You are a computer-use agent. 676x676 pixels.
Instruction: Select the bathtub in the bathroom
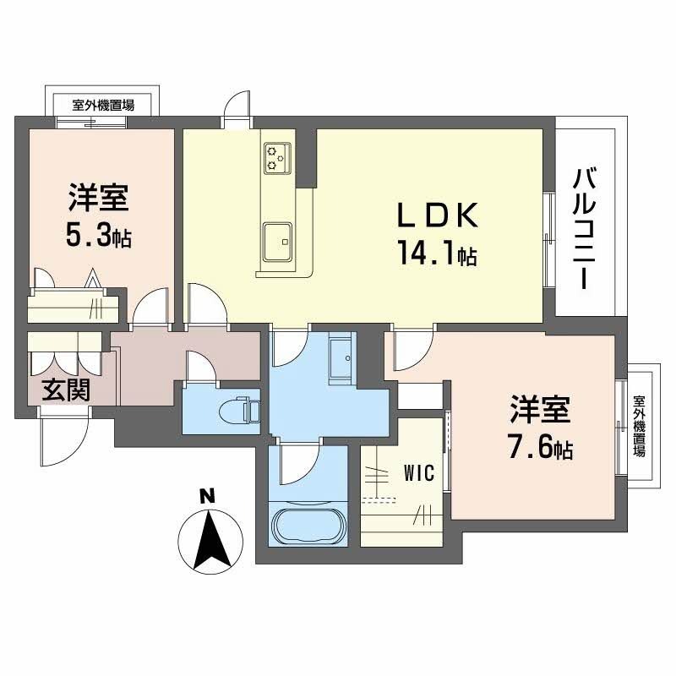click(x=308, y=524)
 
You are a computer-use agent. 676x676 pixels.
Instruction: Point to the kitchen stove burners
click(x=275, y=157)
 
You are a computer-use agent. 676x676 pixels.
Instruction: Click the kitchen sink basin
click(x=276, y=241)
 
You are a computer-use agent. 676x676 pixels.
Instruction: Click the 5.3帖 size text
click(x=98, y=236)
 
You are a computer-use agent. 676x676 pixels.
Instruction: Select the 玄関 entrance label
click(x=68, y=391)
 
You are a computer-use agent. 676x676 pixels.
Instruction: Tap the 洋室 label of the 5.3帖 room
click(x=98, y=198)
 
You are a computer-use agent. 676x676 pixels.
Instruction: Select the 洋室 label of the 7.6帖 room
click(x=540, y=409)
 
